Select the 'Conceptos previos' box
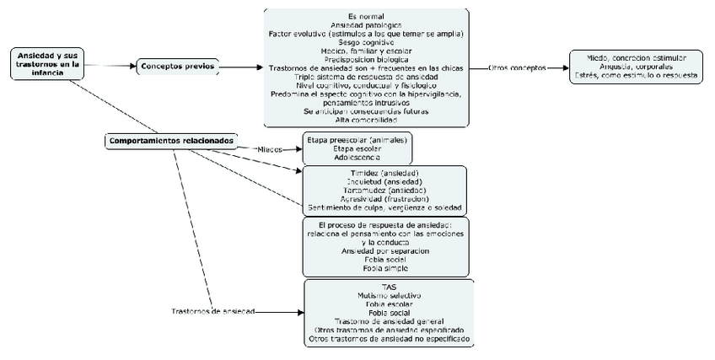tap(179, 65)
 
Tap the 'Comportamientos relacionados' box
tap(171, 140)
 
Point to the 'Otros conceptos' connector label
tap(518, 67)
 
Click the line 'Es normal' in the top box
tap(366, 15)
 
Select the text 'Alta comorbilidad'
tap(366, 121)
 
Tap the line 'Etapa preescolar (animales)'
tap(358, 139)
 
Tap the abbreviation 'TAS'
tap(389, 287)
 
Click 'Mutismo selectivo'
tap(389, 296)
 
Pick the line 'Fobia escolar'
tap(389, 304)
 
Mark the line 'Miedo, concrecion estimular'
tap(636, 56)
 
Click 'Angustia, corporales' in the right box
tap(636, 66)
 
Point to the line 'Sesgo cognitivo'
tap(366, 41)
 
